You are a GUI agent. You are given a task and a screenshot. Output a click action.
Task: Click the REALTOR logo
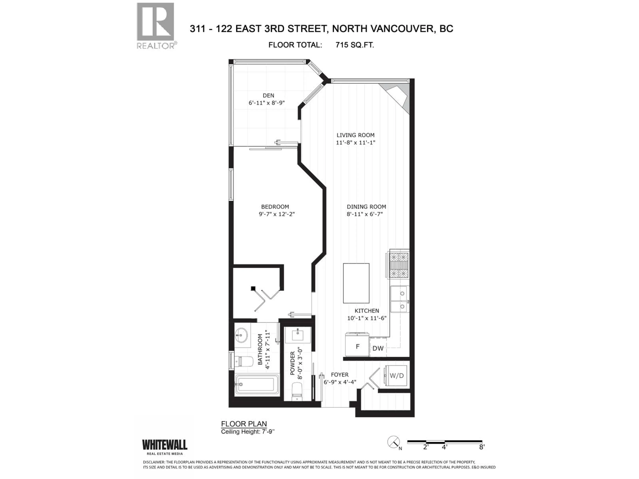pyautogui.click(x=155, y=25)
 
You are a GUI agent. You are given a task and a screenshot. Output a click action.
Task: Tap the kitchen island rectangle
pyautogui.click(x=356, y=283)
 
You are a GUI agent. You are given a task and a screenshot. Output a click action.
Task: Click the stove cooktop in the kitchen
pyautogui.click(x=399, y=265)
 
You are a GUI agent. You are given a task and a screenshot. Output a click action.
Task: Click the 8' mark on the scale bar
pyautogui.click(x=482, y=447)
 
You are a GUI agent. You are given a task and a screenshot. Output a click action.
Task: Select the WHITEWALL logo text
pyautogui.click(x=164, y=445)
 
